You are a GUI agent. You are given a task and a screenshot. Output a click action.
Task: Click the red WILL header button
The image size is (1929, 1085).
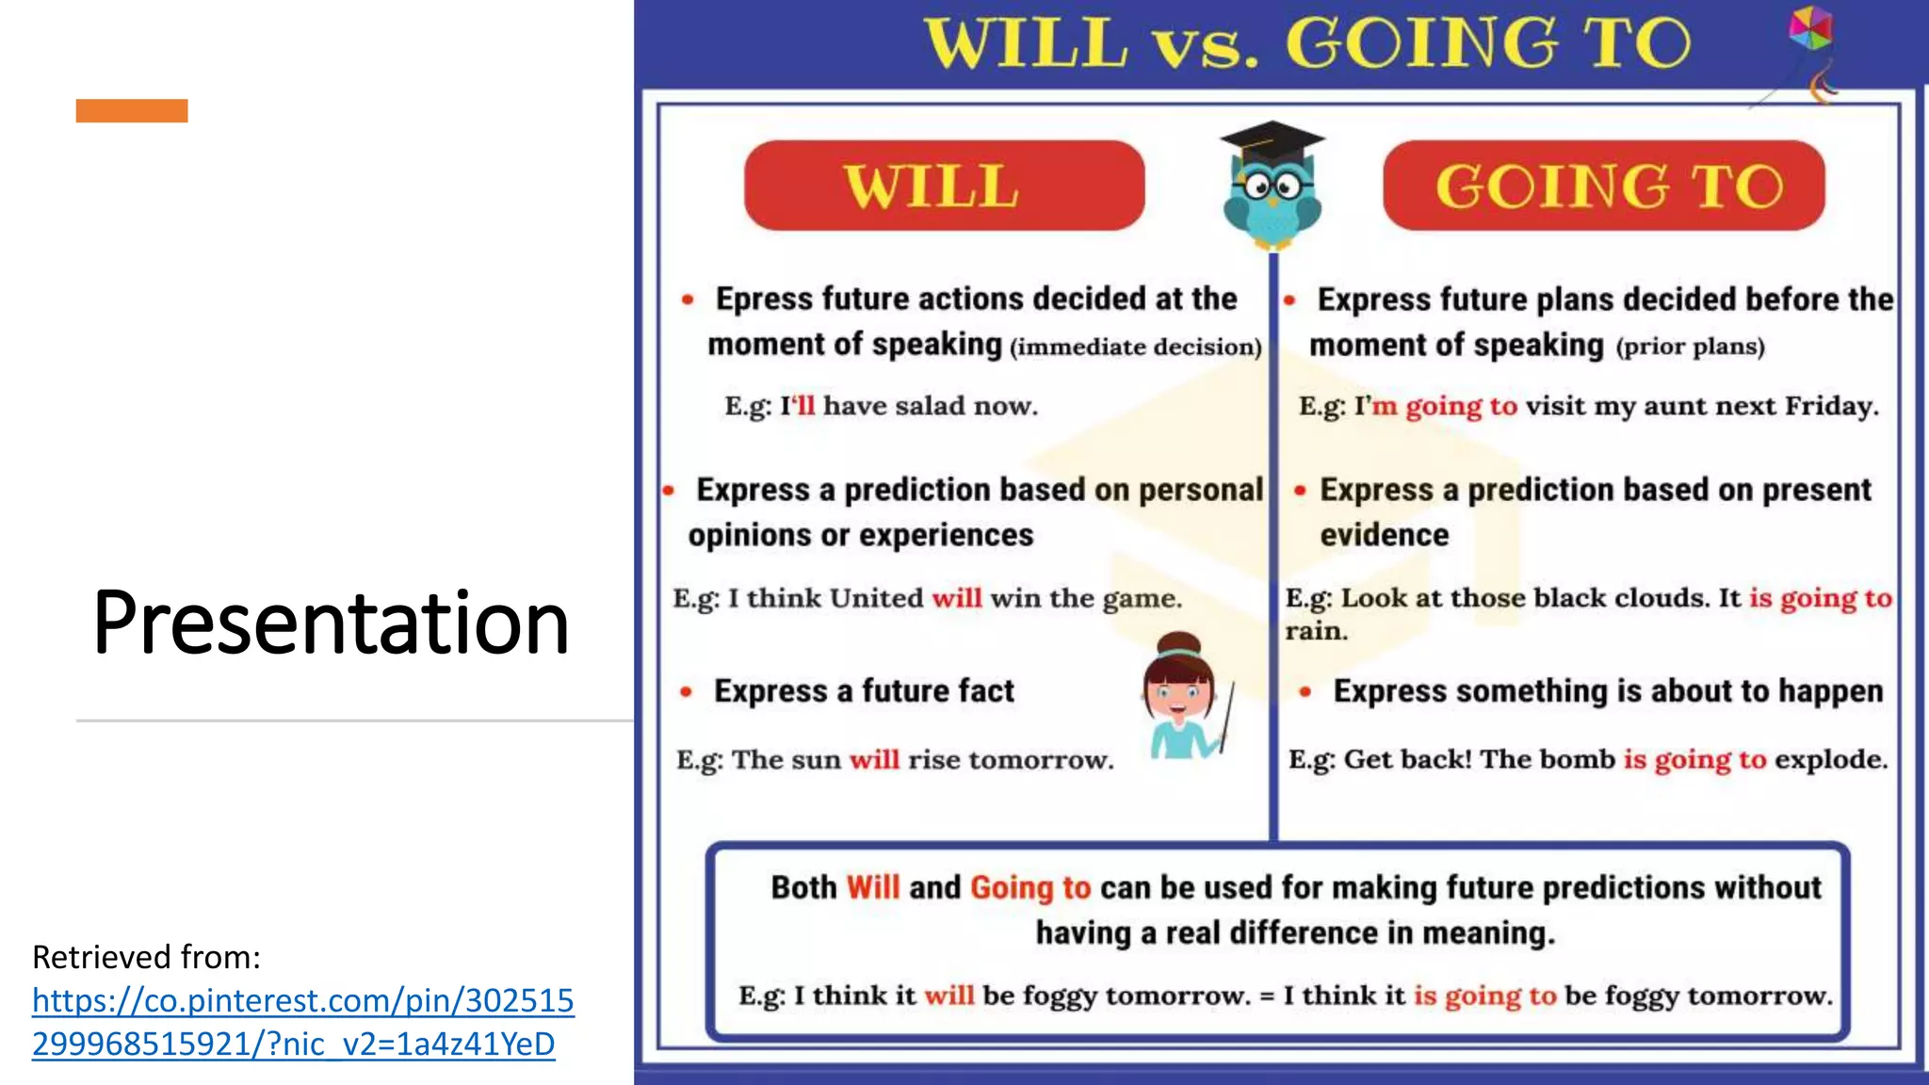(x=944, y=186)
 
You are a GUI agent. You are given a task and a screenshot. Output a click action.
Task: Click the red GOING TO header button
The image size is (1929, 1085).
(x=1603, y=186)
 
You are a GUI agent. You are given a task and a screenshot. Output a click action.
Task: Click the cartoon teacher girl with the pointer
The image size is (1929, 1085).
(x=1183, y=697)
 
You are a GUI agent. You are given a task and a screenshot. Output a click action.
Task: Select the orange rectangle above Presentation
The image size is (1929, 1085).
(x=132, y=111)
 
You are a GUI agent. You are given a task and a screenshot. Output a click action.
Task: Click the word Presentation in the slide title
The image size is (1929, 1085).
(x=331, y=623)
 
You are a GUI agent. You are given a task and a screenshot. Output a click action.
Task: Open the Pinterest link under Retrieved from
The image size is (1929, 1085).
(x=302, y=1022)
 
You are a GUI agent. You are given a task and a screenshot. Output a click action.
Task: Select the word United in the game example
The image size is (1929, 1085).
(x=876, y=598)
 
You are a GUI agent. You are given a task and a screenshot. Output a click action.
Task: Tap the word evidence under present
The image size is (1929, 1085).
(x=1384, y=535)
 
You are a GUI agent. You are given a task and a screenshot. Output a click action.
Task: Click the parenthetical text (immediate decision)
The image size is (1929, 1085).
(x=1135, y=348)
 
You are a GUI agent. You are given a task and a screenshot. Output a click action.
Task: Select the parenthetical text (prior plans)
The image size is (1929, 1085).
(x=1690, y=347)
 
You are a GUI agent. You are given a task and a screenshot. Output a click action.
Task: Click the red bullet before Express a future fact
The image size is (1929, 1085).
(x=686, y=692)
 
